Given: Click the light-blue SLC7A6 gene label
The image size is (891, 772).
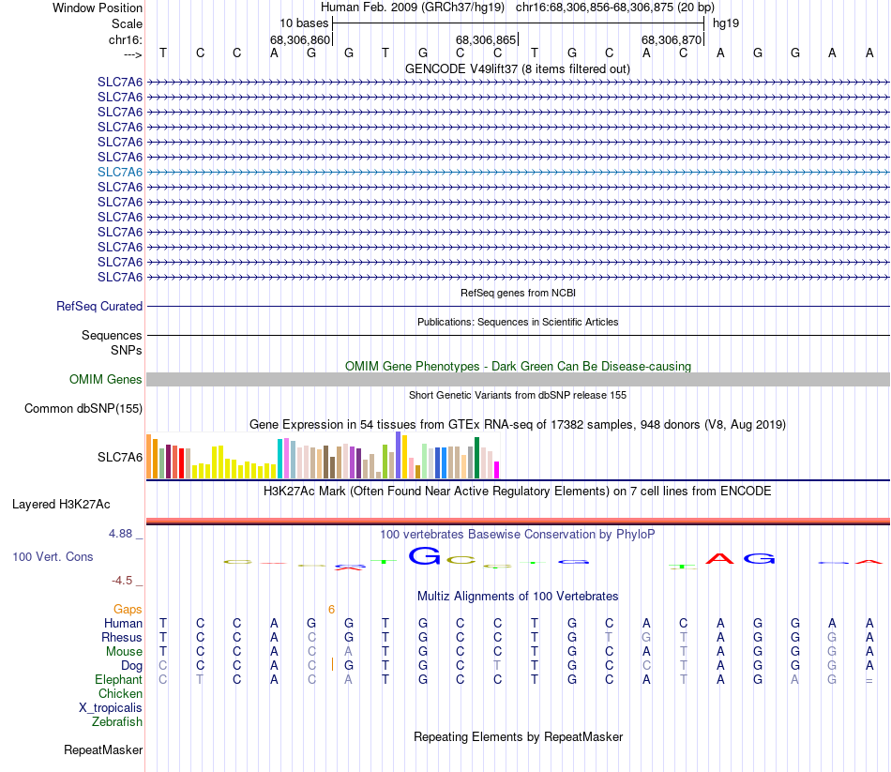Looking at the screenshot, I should tap(120, 172).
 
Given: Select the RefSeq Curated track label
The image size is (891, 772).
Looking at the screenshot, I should tap(99, 306).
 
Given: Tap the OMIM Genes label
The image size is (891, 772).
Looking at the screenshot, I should tap(106, 380).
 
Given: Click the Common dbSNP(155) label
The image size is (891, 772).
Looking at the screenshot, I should tap(83, 408).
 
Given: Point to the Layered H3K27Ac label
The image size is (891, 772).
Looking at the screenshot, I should tap(61, 504).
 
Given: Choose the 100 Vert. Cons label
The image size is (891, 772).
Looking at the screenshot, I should tap(53, 557).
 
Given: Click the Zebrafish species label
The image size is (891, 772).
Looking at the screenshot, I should tap(117, 721).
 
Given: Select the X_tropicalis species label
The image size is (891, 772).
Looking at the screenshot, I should tap(111, 707).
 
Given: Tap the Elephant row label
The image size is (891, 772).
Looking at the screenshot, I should tap(118, 679).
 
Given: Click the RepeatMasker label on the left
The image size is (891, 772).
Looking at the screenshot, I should tap(103, 749).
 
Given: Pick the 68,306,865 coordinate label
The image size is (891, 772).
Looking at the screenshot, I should tap(486, 40).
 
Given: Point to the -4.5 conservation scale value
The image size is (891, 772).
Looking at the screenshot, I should tap(125, 581).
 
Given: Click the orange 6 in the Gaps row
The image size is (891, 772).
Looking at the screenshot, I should tap(331, 610).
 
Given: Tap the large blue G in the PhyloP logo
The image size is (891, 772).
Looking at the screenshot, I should tap(425, 556).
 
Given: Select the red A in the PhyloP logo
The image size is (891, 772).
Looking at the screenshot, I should tap(720, 559).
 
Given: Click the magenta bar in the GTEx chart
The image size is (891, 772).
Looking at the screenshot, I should tap(497, 469).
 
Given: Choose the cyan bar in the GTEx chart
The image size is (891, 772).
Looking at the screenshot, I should tap(279, 459).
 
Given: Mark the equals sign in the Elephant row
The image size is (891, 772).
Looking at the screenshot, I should tap(869, 680).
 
